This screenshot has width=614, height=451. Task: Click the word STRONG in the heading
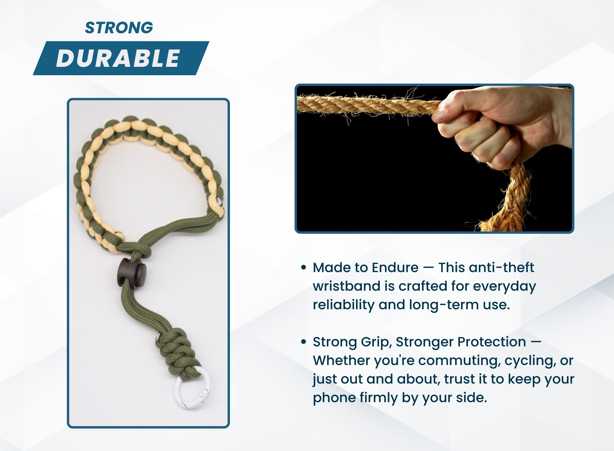click(119, 28)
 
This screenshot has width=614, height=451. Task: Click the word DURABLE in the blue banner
click(118, 58)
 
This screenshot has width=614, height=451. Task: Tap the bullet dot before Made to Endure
click(303, 268)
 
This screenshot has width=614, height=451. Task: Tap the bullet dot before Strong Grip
click(303, 342)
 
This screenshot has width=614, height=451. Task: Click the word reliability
click(343, 305)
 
